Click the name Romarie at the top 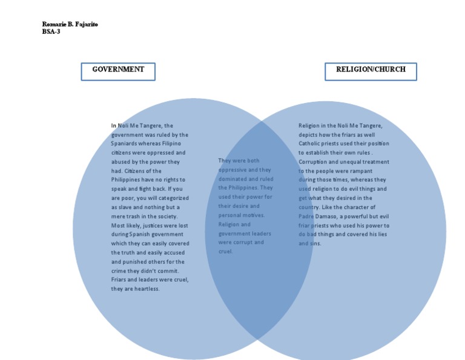[x=53, y=24]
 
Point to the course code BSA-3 [x=51, y=32]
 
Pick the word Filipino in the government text [x=175, y=144]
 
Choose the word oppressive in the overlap [x=232, y=170]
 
